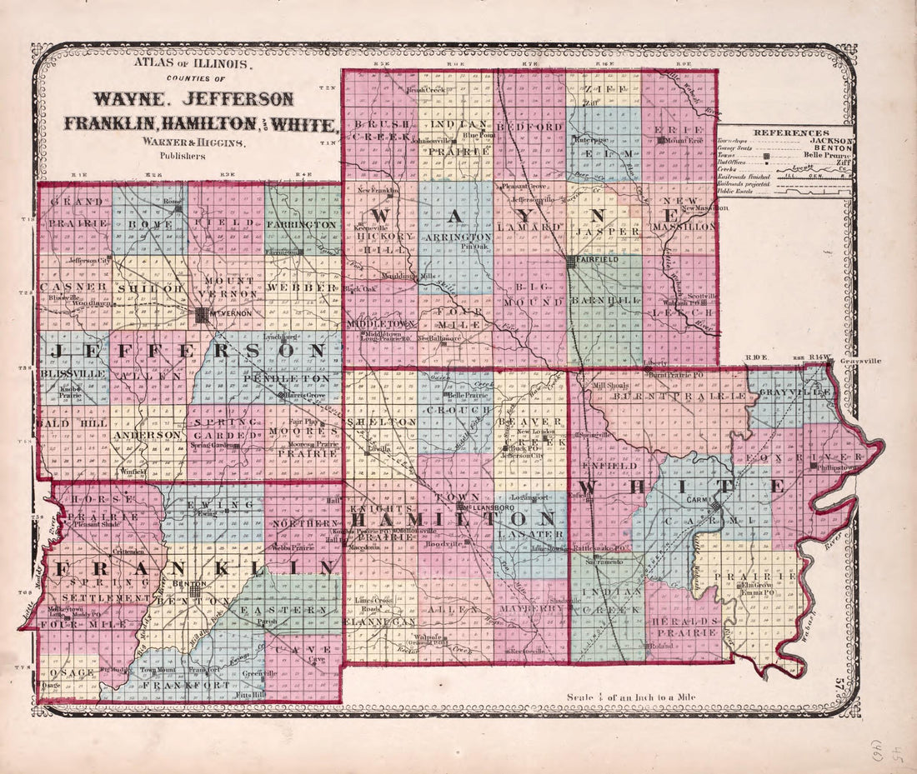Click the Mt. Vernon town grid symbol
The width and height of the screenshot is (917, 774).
(202, 315)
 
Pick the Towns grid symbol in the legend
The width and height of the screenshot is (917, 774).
(766, 156)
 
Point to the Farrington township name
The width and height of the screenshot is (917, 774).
(302, 225)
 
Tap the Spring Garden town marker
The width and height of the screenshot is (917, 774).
(235, 446)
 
